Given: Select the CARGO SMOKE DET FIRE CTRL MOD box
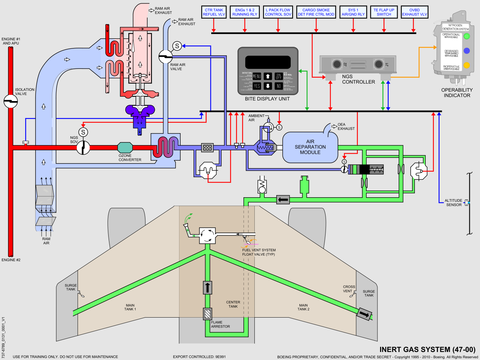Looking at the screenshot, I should [x=316, y=12].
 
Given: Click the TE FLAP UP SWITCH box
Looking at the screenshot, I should [x=384, y=12].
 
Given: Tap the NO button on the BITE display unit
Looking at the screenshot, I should [x=278, y=86].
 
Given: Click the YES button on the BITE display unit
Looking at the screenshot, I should [x=257, y=86].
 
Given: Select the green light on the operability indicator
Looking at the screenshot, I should [x=467, y=36].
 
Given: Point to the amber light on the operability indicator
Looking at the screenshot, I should [x=467, y=65].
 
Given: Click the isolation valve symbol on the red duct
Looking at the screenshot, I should [x=11, y=101].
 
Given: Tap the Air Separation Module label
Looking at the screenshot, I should [x=310, y=147].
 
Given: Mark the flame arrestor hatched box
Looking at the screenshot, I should [x=207, y=314].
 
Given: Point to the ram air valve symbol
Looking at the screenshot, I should [x=165, y=57].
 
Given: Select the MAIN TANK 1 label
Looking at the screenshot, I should [x=130, y=307].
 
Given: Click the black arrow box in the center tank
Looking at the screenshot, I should [x=207, y=287].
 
